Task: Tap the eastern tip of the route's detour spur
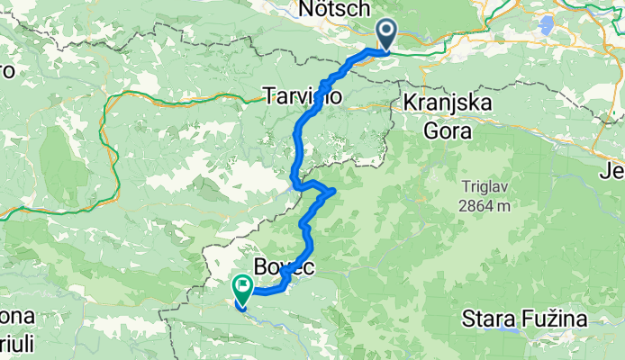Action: click(334, 190)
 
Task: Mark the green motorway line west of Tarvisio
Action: click(180, 93)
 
